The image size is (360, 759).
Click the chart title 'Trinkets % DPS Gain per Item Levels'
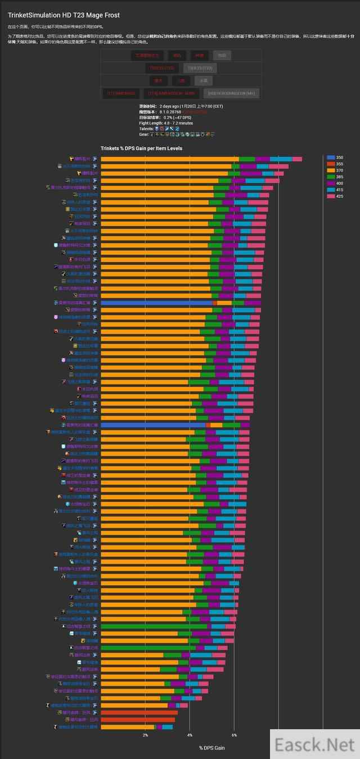tap(141, 148)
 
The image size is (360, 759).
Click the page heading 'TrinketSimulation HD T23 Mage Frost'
tap(64, 15)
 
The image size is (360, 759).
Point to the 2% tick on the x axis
tap(145, 735)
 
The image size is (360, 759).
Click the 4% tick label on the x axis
tap(190, 735)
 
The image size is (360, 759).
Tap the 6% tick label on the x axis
tap(234, 735)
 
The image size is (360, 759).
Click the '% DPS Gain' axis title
tap(211, 748)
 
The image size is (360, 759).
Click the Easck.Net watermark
tap(314, 744)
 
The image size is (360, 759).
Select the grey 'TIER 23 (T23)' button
tap(200, 68)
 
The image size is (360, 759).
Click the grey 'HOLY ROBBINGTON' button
tap(231, 93)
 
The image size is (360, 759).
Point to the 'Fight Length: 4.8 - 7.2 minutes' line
tap(166, 123)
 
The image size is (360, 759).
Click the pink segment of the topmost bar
tap(297, 159)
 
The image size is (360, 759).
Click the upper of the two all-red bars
tap(139, 712)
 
